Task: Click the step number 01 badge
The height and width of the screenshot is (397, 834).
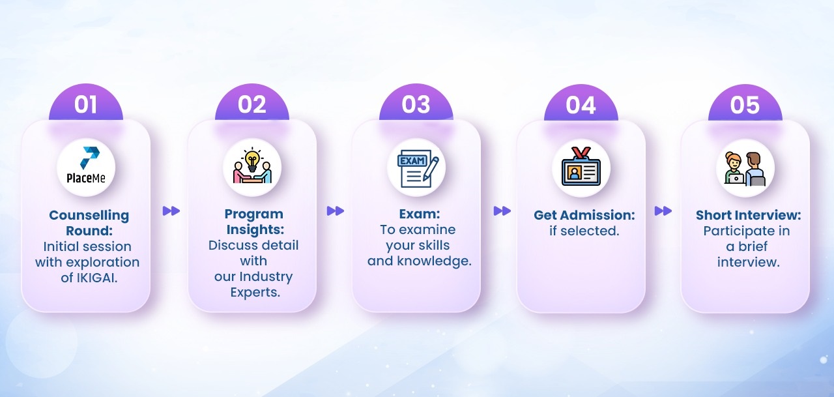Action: click(x=85, y=102)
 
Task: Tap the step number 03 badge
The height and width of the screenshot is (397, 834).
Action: click(x=416, y=102)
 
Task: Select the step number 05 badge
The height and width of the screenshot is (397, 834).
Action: click(x=745, y=102)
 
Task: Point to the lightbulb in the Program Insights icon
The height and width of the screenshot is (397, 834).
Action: click(x=252, y=160)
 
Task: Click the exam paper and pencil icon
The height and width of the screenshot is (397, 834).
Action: click(x=418, y=168)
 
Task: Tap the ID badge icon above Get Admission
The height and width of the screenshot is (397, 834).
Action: click(x=581, y=166)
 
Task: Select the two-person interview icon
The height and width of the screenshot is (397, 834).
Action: click(x=745, y=168)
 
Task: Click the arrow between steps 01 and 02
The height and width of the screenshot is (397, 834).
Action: click(x=171, y=211)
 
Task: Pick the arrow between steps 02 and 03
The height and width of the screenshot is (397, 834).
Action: click(x=336, y=211)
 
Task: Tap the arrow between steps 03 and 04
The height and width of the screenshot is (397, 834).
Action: click(x=502, y=211)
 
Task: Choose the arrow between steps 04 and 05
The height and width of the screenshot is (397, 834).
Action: click(x=663, y=211)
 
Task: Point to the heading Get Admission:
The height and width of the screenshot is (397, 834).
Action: click(x=584, y=215)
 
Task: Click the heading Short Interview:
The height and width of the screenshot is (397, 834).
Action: click(x=749, y=215)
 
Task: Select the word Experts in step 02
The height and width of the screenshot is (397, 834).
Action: click(x=255, y=292)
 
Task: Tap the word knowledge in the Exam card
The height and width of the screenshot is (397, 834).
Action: click(x=434, y=261)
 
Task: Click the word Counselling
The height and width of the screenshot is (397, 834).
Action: click(x=89, y=215)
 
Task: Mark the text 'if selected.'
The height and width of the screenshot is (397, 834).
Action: click(x=584, y=231)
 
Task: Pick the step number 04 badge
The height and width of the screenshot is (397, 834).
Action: click(x=581, y=102)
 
